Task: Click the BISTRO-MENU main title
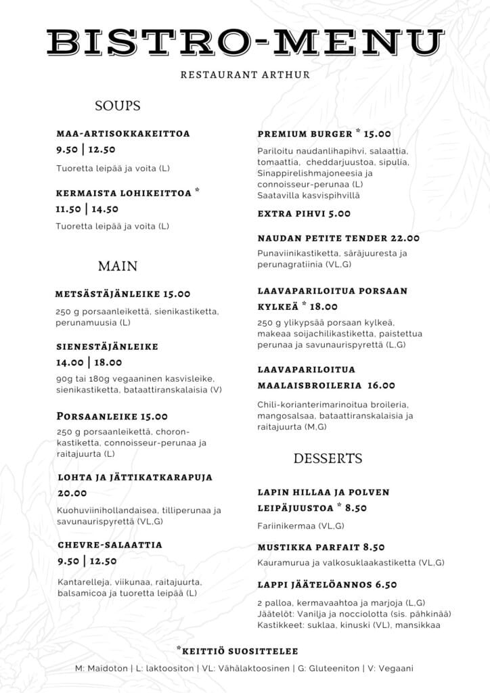click(x=245, y=42)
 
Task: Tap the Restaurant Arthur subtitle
click(x=245, y=74)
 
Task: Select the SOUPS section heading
click(x=118, y=106)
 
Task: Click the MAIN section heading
click(x=118, y=266)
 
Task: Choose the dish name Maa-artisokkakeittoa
click(x=123, y=133)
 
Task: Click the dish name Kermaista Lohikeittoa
click(x=124, y=193)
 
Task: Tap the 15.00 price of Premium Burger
click(x=378, y=134)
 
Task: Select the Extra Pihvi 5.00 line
click(x=304, y=213)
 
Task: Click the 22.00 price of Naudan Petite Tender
click(x=405, y=238)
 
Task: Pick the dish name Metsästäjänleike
click(x=108, y=294)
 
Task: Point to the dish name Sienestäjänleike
click(x=107, y=346)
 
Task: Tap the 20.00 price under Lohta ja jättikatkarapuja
click(x=72, y=493)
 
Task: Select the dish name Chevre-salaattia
click(x=110, y=545)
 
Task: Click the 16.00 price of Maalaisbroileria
click(x=381, y=386)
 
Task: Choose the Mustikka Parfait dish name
click(x=309, y=547)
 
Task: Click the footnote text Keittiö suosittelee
click(x=240, y=651)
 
